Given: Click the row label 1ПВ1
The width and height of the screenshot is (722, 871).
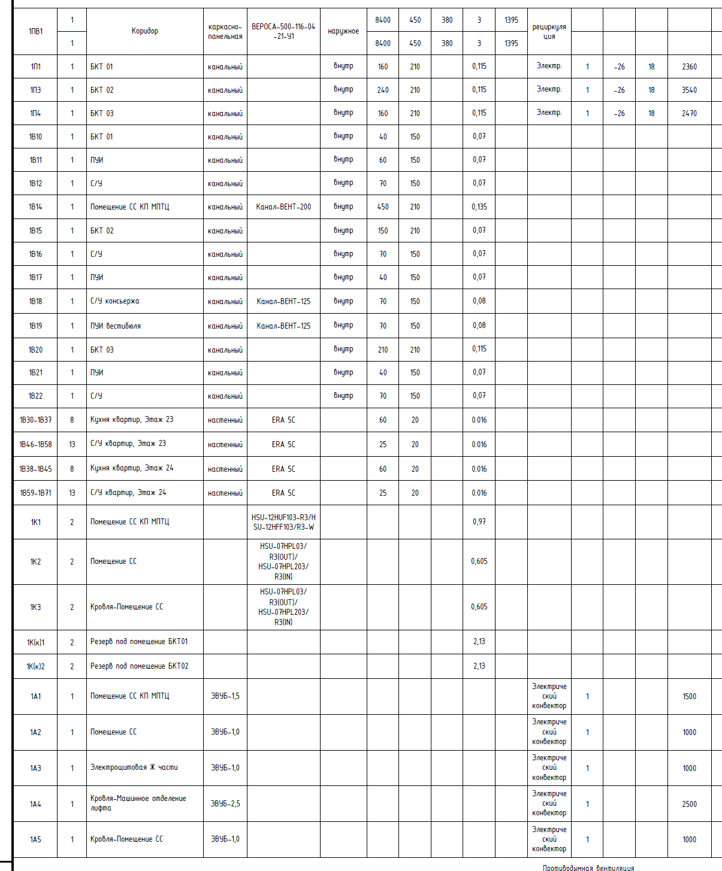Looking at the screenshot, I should tap(35, 31).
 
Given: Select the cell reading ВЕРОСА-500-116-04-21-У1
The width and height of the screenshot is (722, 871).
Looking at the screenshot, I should tap(283, 31).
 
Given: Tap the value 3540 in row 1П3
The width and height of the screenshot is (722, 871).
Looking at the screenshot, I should tap(689, 90).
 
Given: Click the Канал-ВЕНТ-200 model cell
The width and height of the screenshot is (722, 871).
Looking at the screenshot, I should tap(283, 207).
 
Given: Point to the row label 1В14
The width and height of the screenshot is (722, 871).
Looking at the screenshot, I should tap(35, 207).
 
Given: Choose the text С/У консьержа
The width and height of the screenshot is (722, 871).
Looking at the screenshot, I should tap(114, 301).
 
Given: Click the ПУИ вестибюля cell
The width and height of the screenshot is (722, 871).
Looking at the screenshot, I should tap(116, 326).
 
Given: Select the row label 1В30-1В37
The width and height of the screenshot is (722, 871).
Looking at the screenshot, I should tap(35, 420).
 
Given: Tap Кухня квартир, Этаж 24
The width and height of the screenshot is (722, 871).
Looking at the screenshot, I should tap(132, 468).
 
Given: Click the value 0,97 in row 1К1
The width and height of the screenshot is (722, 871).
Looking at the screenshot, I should tap(479, 522).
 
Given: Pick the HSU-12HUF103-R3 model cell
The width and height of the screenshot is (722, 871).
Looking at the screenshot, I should tap(283, 522).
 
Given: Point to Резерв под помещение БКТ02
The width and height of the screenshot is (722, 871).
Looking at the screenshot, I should tap(139, 666).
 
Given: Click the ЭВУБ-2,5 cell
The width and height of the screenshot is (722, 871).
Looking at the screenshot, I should tap(225, 803).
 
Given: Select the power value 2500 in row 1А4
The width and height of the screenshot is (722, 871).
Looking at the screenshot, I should tap(689, 804).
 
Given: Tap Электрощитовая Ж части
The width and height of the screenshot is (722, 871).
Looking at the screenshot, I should tap(134, 767).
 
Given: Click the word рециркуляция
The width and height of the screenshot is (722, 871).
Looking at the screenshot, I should tap(549, 31).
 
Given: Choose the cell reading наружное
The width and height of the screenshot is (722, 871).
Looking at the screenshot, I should tap(343, 31).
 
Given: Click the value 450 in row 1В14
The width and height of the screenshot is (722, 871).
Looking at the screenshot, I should tap(383, 207).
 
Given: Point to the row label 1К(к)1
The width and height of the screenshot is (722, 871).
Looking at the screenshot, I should tap(35, 642).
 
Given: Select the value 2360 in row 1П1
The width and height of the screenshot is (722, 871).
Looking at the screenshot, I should tap(689, 66).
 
